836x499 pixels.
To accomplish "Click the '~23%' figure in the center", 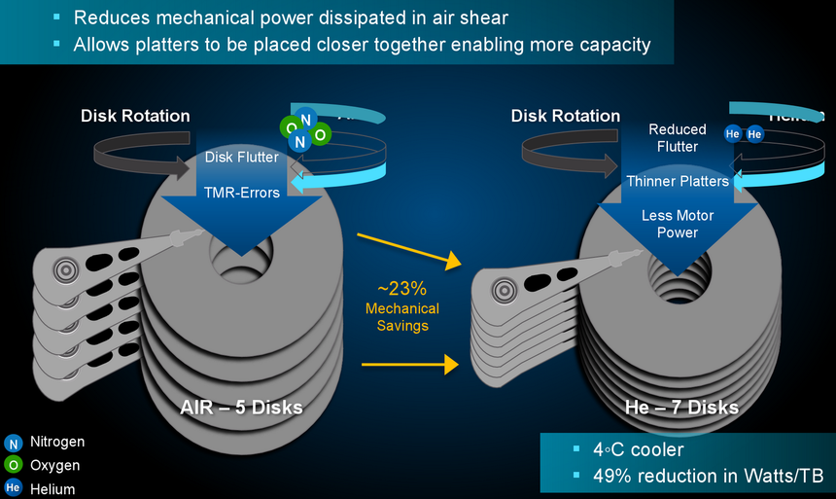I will pyautogui.click(x=402, y=289).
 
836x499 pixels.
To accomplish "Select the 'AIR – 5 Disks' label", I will pyautogui.click(x=242, y=407).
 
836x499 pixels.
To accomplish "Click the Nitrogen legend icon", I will pyautogui.click(x=13, y=443).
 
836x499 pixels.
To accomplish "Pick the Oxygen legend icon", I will pyautogui.click(x=13, y=466).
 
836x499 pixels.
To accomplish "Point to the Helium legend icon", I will pyautogui.click(x=13, y=488).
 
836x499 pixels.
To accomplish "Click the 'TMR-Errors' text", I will pyautogui.click(x=242, y=192).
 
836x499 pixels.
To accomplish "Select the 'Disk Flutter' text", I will pyautogui.click(x=242, y=158).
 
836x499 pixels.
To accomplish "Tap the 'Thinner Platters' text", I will pyautogui.click(x=678, y=181).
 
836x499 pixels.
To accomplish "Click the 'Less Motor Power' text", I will pyautogui.click(x=678, y=224).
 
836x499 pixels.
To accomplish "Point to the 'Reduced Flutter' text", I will pyautogui.click(x=678, y=137).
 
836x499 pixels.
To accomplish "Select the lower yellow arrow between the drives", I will pyautogui.click(x=408, y=365).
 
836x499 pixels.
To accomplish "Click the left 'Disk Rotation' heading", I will pyautogui.click(x=135, y=116).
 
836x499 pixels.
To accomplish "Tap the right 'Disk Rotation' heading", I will pyautogui.click(x=566, y=116).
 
